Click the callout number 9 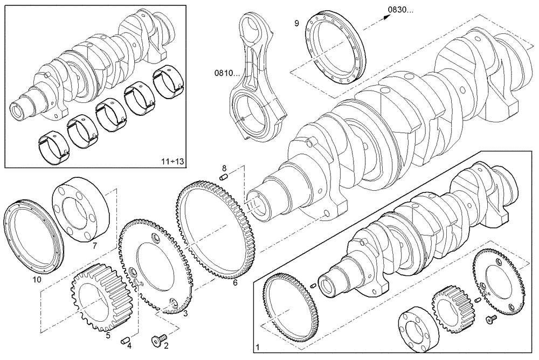(x=296, y=23)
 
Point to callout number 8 (x=224, y=168)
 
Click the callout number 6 (x=235, y=281)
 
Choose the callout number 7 (x=94, y=246)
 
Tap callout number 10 (x=37, y=280)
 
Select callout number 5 (x=108, y=335)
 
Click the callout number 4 (x=129, y=346)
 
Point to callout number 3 (x=185, y=313)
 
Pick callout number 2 (x=165, y=346)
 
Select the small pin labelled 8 (x=225, y=176)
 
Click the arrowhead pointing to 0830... (x=386, y=17)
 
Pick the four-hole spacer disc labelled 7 (x=81, y=210)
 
